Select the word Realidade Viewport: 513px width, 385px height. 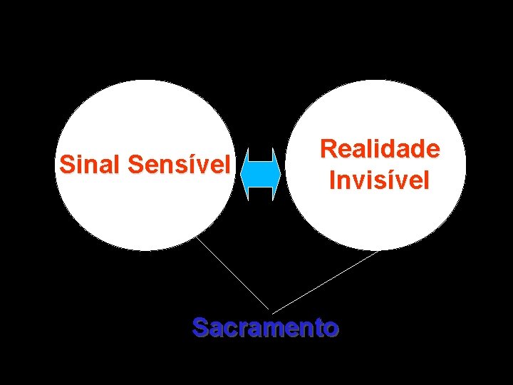[380, 149]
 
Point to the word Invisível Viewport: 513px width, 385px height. [379, 180]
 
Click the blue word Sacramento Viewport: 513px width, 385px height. [266, 327]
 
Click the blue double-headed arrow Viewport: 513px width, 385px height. [261, 173]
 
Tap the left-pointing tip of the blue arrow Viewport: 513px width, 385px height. [244, 173]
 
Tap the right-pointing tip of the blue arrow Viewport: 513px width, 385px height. [279, 173]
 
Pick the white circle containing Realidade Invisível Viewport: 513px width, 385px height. [378, 107]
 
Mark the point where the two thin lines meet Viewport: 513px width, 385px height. [271, 312]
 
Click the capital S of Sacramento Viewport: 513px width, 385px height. [200, 327]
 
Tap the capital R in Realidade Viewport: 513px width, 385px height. [328, 149]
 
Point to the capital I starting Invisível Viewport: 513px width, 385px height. [332, 180]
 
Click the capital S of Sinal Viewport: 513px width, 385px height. [67, 165]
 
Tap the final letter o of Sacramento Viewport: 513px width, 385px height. [331, 329]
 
